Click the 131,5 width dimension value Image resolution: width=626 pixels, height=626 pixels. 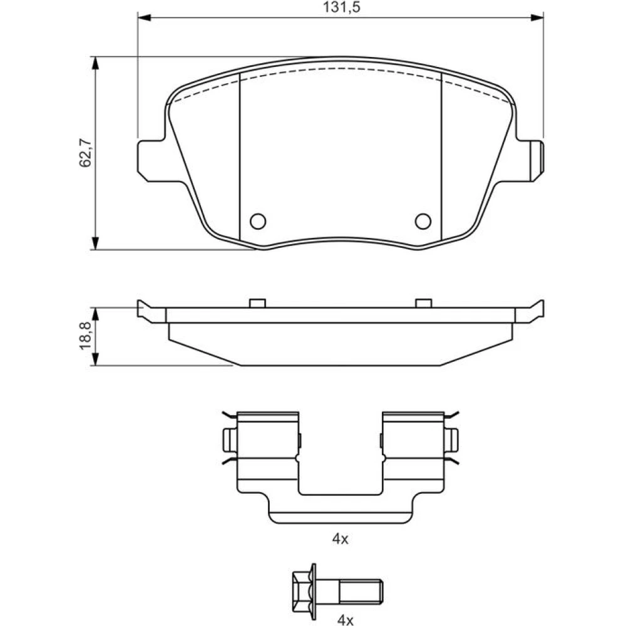(341, 7)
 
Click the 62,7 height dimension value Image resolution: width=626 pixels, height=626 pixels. (85, 153)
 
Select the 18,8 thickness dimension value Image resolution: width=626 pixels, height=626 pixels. (85, 336)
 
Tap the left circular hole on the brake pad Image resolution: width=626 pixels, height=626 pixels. (258, 221)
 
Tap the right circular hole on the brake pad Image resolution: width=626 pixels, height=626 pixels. (423, 221)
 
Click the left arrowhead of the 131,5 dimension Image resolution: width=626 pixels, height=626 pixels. (144, 18)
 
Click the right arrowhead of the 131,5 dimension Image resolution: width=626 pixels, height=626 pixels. (537, 18)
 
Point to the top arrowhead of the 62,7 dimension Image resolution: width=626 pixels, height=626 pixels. (95, 63)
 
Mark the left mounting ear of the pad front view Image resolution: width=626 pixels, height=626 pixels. (151, 160)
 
